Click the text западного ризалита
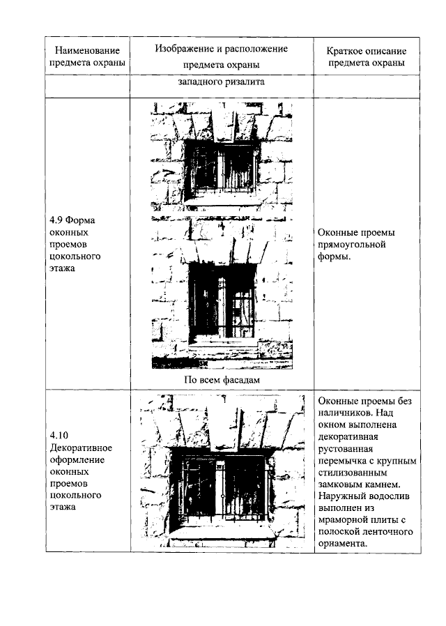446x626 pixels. (x=222, y=82)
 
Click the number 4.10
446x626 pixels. (x=59, y=435)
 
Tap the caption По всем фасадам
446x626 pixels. (x=222, y=379)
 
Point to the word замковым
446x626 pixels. (x=344, y=484)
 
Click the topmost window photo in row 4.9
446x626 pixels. (x=222, y=159)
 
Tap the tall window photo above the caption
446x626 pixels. (x=222, y=293)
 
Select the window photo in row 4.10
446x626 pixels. (x=222, y=470)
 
